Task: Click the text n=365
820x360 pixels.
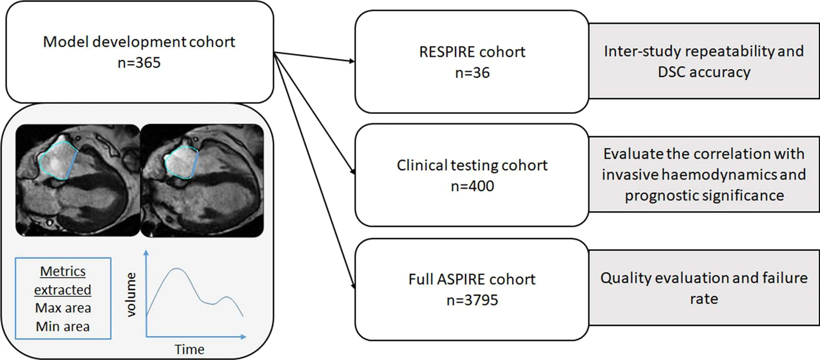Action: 139,63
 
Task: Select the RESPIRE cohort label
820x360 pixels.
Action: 472,52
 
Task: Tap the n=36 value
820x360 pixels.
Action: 472,73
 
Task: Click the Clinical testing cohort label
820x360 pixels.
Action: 472,165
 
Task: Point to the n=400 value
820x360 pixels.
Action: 472,186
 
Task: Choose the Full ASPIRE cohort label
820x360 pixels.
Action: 472,279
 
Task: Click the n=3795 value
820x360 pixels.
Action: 472,300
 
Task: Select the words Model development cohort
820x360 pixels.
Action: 139,42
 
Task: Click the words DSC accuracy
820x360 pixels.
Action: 704,72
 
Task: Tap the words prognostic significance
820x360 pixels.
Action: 704,195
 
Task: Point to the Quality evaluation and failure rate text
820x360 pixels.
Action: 704,288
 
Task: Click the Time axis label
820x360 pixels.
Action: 189,350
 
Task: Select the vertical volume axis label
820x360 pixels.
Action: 131,295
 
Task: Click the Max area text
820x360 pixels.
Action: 63,308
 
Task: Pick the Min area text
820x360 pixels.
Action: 63,327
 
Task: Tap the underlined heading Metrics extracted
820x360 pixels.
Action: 63,280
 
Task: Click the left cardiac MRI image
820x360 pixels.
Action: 78,180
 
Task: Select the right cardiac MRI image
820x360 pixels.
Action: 202,180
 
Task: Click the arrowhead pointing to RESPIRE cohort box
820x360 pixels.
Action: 352,62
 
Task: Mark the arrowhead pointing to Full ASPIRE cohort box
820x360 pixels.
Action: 353,286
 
